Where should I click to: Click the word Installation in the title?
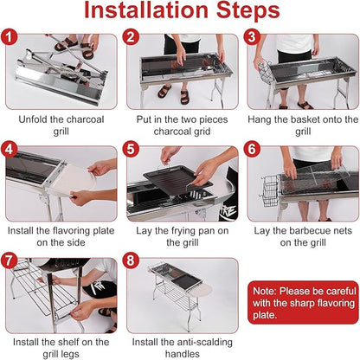coord(146,10)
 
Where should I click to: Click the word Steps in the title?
coord(248,11)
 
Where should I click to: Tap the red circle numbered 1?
coord(10,37)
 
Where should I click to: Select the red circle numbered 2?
coord(131,37)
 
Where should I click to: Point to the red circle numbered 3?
coord(252,37)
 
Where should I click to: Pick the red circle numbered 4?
coord(10,149)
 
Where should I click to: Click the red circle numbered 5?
coord(131,149)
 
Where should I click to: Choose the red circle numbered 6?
coord(252,149)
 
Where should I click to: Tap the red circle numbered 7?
coord(10,260)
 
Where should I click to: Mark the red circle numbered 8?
coord(131,260)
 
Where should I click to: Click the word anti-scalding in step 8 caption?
coord(202,342)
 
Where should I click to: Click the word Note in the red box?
coord(264,291)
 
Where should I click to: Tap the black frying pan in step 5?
coord(177,181)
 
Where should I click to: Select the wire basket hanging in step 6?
coord(271,191)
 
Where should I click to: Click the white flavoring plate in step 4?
coord(74,180)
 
